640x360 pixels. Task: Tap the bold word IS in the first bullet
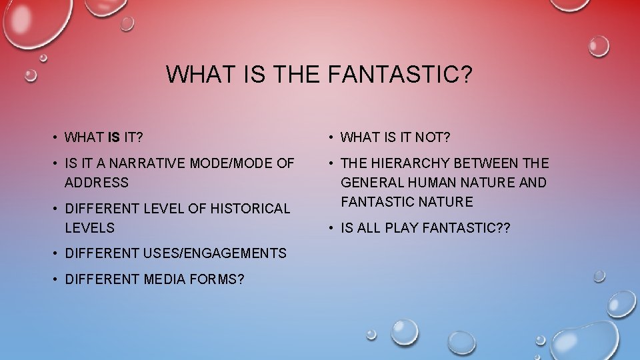coord(114,138)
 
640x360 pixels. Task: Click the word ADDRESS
coord(97,183)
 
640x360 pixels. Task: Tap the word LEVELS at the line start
coord(90,228)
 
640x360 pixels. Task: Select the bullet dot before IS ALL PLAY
coord(332,228)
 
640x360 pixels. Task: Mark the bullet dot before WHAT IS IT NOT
coord(332,138)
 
